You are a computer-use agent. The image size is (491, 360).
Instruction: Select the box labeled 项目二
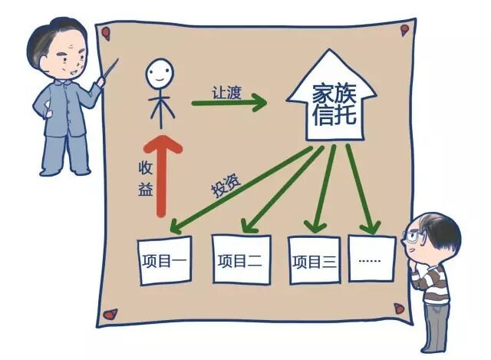pyautogui.click(x=239, y=260)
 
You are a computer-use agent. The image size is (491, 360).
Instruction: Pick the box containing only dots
pyautogui.click(x=371, y=259)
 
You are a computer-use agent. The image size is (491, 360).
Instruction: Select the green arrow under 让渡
pyautogui.click(x=229, y=100)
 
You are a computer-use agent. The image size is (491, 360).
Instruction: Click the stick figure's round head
pyautogui.click(x=160, y=74)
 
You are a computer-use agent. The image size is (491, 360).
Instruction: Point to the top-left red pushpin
pyautogui.click(x=105, y=33)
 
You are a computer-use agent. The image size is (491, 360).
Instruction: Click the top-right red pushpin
pyautogui.click(x=404, y=29)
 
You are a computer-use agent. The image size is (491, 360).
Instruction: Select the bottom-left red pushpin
pyautogui.click(x=111, y=314)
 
